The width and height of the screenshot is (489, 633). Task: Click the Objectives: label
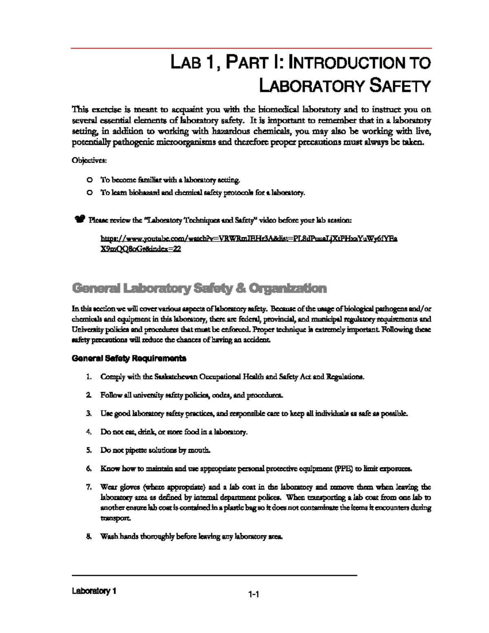[x=89, y=161]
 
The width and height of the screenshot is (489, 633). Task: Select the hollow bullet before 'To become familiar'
[x=89, y=180]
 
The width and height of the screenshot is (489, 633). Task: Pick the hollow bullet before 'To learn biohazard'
[x=89, y=193]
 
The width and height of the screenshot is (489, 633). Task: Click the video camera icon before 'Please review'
[x=79, y=220]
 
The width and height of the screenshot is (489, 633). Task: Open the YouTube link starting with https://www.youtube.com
[x=249, y=239]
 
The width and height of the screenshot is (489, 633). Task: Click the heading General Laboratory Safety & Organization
[x=199, y=289]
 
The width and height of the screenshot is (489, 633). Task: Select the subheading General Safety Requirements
[x=129, y=359]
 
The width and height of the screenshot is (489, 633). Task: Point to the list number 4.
[x=88, y=432]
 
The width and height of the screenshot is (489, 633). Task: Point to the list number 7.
[x=88, y=487]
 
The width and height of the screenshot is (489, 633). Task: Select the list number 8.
[x=88, y=536]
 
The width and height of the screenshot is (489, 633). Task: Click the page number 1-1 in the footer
[x=254, y=595]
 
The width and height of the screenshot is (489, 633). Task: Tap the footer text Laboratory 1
[x=94, y=591]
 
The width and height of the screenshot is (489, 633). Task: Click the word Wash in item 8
[x=109, y=536]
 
